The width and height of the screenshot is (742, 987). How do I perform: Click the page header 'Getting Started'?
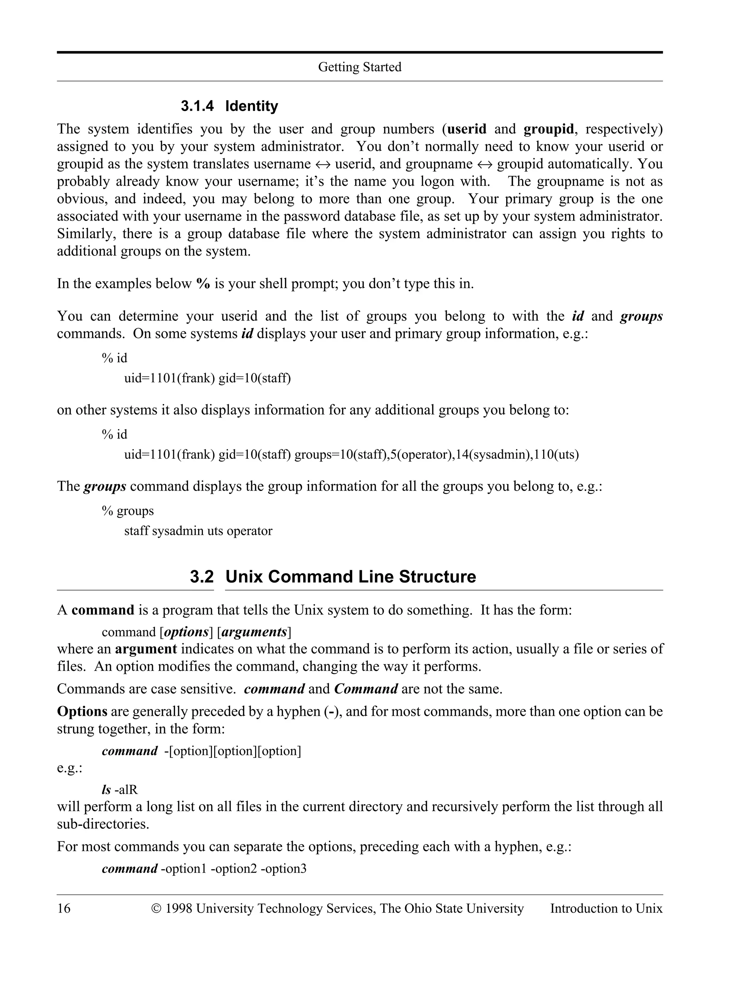pyautogui.click(x=359, y=67)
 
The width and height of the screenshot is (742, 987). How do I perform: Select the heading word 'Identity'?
pyautogui.click(x=251, y=106)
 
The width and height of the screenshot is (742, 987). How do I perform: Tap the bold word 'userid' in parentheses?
pyautogui.click(x=467, y=129)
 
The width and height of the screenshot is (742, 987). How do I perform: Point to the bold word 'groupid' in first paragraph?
pyautogui.click(x=548, y=129)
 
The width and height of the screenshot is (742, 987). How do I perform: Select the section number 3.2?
pyautogui.click(x=202, y=576)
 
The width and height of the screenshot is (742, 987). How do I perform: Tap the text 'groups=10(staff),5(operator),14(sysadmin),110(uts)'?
pyautogui.click(x=437, y=455)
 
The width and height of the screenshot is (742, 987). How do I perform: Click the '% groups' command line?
pyautogui.click(x=128, y=511)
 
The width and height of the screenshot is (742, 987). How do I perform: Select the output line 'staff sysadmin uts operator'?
pyautogui.click(x=198, y=531)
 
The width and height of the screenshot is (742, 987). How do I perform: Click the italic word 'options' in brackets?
pyautogui.click(x=187, y=632)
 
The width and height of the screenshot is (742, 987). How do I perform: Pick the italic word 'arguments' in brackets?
pyautogui.click(x=254, y=632)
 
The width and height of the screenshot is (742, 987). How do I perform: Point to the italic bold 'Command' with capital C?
pyautogui.click(x=366, y=689)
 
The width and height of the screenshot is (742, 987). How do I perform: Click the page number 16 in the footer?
pyautogui.click(x=63, y=908)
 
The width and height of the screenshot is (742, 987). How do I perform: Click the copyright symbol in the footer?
pyautogui.click(x=156, y=908)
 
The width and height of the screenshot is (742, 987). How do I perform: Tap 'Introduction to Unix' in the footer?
pyautogui.click(x=606, y=908)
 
